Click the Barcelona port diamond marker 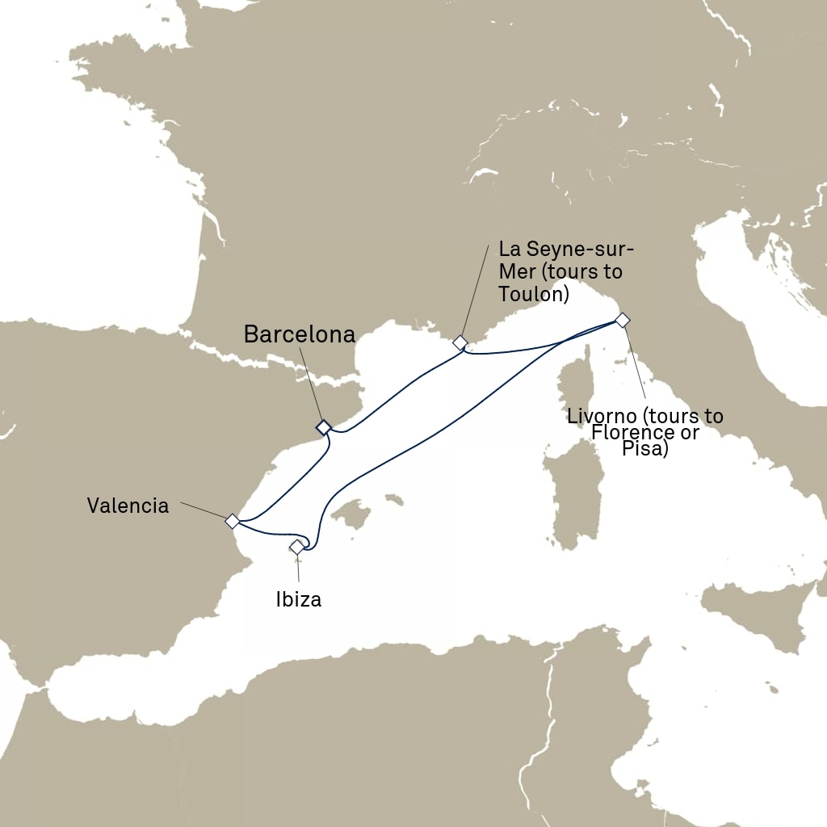[x=323, y=426]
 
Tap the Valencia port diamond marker [x=232, y=521]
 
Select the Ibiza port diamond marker [x=296, y=548]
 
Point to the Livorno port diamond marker [x=622, y=320]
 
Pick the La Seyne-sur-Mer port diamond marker [x=460, y=342]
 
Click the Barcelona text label [x=299, y=334]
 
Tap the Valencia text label [x=128, y=506]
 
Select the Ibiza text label [x=298, y=600]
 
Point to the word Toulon [x=528, y=294]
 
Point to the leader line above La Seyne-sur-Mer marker [x=476, y=292]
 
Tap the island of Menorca [x=395, y=500]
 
